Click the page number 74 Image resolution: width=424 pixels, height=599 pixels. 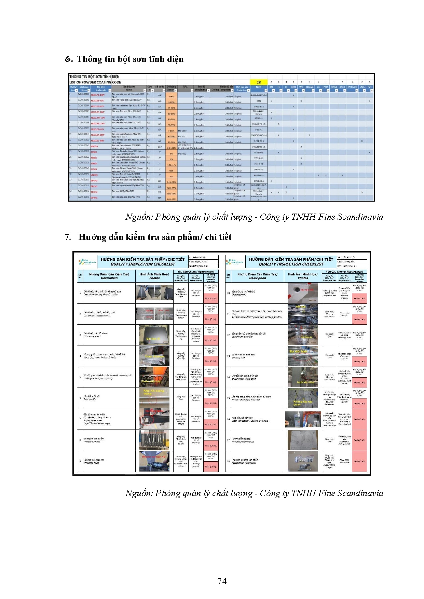click(222, 581)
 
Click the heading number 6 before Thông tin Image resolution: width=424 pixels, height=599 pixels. click(68, 59)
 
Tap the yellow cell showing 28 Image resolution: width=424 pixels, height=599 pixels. click(259, 82)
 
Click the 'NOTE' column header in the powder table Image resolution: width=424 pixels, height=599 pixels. click(259, 87)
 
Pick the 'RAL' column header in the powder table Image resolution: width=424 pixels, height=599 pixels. click(185, 87)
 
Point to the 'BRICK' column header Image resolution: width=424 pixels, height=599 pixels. click(342, 87)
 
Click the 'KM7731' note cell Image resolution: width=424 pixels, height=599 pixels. click(259, 118)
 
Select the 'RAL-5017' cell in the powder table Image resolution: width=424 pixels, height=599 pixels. click(182, 130)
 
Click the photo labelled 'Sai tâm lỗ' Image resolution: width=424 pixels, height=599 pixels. click(154, 335)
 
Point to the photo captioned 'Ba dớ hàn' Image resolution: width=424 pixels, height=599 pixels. click(302, 356)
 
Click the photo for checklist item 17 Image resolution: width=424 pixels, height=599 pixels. click(303, 440)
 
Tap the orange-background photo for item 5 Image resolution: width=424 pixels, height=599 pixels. click(154, 377)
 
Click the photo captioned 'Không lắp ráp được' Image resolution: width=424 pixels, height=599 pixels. click(303, 398)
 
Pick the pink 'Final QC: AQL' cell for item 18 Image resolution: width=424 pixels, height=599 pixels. click(359, 461)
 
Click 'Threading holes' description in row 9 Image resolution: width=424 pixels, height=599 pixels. click(92, 463)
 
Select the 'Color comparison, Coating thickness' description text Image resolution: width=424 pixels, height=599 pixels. click(250, 421)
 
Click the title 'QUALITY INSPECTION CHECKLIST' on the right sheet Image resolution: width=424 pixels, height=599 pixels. click(291, 264)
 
